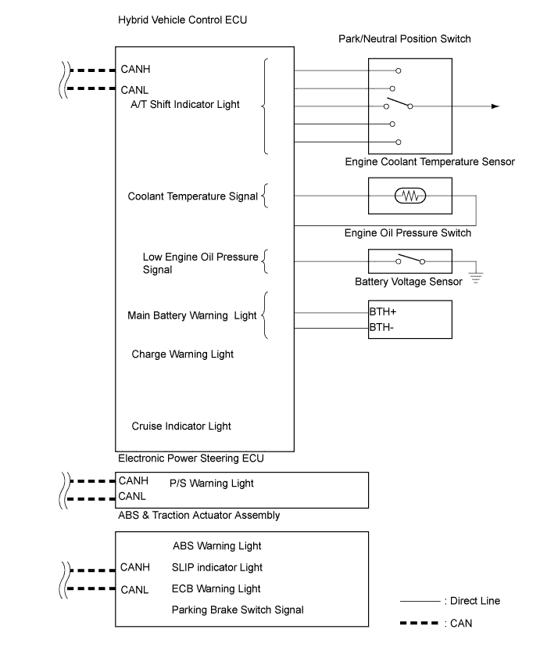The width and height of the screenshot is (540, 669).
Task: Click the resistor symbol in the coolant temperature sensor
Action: coord(410,196)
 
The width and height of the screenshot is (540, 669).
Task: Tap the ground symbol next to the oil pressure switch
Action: coord(476,278)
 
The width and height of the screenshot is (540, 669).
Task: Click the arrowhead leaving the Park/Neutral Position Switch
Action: coord(495,106)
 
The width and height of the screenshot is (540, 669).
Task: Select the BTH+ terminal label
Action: coord(383,312)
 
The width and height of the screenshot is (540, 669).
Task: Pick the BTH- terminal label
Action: coord(381,327)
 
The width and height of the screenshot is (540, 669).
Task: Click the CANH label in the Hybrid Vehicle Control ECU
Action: coord(135,69)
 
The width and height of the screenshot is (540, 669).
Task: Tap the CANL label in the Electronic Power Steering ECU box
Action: coord(132,496)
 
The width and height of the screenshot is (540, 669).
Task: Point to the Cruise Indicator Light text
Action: coord(181,426)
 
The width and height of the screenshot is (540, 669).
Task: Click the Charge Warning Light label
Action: coord(182,354)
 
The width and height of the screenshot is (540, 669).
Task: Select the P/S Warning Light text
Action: coord(212,484)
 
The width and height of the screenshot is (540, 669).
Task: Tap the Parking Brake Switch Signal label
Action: coord(238,610)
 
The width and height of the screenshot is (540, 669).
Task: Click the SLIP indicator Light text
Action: coord(217,567)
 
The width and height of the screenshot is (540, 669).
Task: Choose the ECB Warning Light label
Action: coord(216,588)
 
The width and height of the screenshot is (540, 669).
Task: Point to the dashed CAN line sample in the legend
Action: coord(419,624)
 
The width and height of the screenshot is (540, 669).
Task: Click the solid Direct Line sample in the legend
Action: coord(420,601)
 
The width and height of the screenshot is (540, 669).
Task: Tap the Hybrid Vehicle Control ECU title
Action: coord(182,20)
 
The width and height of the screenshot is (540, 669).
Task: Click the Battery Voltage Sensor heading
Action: coord(408,282)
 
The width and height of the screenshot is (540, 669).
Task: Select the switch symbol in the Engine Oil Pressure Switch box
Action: coord(410,260)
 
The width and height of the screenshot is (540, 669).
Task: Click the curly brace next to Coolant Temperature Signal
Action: coord(265,196)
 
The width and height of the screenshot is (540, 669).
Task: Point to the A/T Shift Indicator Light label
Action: coord(185,105)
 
